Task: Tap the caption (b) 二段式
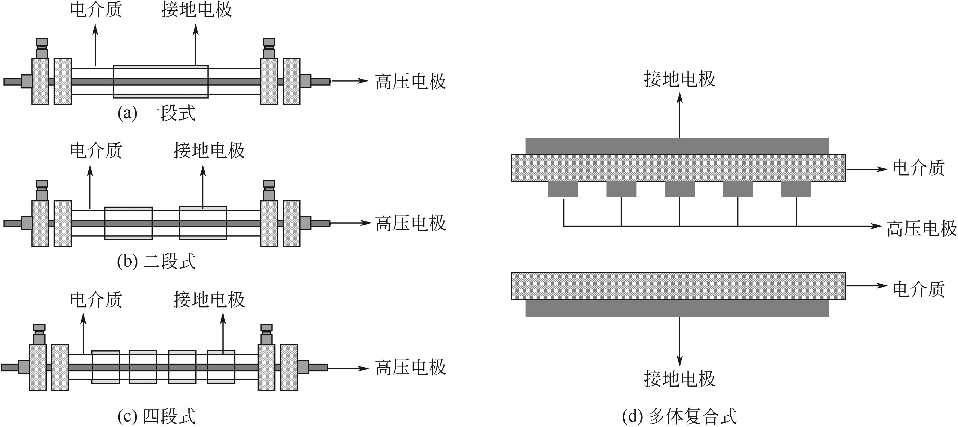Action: click(156, 262)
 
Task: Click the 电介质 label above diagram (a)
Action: click(96, 10)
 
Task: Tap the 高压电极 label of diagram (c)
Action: click(410, 367)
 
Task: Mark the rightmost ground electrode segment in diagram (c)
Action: click(221, 367)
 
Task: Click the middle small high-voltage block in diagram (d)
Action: click(679, 189)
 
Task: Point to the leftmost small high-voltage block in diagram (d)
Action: click(563, 189)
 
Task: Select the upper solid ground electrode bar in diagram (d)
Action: click(677, 146)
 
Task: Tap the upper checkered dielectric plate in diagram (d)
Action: click(678, 168)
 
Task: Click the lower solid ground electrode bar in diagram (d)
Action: click(677, 308)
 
